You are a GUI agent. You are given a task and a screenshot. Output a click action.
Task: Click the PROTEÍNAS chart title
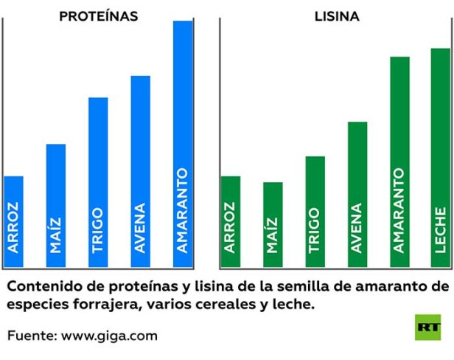click(x=99, y=15)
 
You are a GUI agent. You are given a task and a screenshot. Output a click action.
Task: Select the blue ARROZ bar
click(x=14, y=222)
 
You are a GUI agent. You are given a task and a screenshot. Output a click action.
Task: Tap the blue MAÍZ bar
click(x=56, y=206)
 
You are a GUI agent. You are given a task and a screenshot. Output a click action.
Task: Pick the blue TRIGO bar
click(x=98, y=183)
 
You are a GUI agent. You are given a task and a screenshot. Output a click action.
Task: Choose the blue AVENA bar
click(x=140, y=172)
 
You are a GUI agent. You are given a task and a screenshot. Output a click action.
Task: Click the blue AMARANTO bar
click(x=183, y=145)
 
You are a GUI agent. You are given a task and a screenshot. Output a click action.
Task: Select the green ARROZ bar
click(x=231, y=222)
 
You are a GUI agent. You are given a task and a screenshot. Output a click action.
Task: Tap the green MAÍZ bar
click(x=273, y=225)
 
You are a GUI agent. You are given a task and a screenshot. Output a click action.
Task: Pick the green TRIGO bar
click(x=315, y=212)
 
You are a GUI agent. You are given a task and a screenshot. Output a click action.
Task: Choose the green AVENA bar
click(x=357, y=195)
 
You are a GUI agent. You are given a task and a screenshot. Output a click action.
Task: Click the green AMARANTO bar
click(x=399, y=162)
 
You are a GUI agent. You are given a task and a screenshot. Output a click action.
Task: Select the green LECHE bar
click(x=441, y=159)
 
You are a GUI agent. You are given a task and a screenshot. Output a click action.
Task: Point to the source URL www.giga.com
click(x=110, y=336)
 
